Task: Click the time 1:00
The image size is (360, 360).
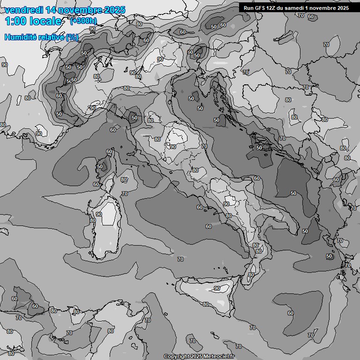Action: (x=15, y=21)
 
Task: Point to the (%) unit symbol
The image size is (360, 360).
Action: (x=72, y=37)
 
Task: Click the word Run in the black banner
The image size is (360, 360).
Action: (x=249, y=8)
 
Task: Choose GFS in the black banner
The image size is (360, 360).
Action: (x=261, y=8)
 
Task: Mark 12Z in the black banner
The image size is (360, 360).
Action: (x=273, y=8)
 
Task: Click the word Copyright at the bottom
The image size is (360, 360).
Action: (x=176, y=357)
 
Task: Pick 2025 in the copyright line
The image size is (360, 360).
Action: (x=195, y=357)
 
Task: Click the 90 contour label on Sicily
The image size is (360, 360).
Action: (x=217, y=288)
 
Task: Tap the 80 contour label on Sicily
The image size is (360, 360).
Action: (x=205, y=304)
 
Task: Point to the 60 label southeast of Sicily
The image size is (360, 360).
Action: (x=290, y=313)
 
